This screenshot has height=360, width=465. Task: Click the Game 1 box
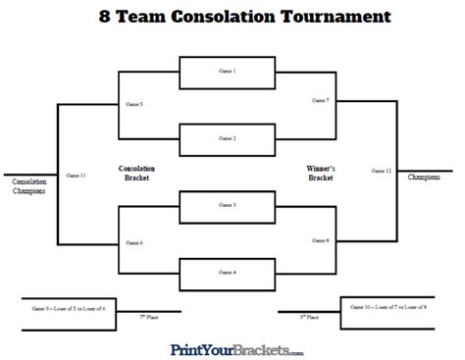point(228,73)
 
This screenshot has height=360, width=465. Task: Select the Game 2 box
point(228,138)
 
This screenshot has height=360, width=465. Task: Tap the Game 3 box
point(228,206)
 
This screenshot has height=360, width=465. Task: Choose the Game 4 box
point(228,272)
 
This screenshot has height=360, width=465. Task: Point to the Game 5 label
point(134,103)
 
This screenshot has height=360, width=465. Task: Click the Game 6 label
point(134,242)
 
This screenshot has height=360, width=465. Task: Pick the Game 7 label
point(321,100)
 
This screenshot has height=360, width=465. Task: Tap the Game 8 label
point(321,240)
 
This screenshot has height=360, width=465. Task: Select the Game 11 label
point(76,175)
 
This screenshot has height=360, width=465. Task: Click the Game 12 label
point(382,171)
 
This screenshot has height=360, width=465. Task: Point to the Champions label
point(425,178)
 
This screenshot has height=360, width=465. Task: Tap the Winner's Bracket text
point(321,174)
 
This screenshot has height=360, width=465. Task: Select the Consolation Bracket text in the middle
point(136,174)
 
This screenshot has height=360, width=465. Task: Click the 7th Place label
point(148,318)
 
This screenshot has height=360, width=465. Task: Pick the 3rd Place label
point(311,318)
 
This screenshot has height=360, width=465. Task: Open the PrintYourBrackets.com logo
point(236,349)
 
